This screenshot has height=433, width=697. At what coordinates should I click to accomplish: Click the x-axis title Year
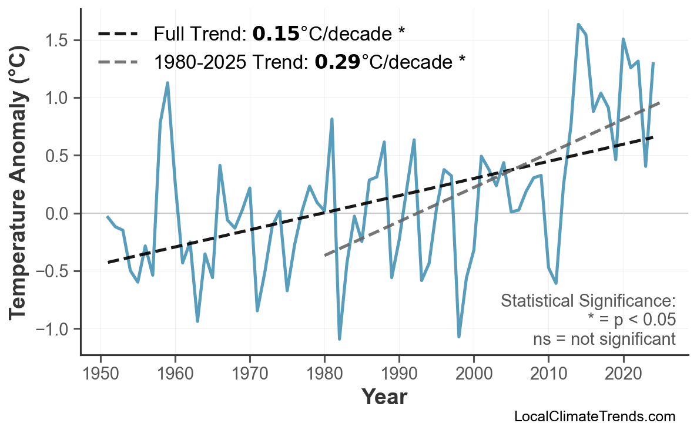(384, 397)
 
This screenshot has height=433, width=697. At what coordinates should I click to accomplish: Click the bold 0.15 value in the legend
(276, 34)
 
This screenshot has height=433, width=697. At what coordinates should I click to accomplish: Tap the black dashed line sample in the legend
(118, 34)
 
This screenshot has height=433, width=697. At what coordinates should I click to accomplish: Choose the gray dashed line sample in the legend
(118, 61)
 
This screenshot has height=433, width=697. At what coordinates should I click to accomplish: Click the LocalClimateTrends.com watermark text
(594, 417)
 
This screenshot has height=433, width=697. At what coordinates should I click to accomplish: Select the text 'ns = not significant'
(604, 339)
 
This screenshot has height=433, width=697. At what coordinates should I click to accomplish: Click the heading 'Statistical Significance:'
(588, 301)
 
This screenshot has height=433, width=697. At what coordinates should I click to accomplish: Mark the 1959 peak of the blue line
(167, 83)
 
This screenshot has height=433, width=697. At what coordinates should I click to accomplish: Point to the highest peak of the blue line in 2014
(578, 24)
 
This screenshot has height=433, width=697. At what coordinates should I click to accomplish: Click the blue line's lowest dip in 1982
(340, 339)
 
